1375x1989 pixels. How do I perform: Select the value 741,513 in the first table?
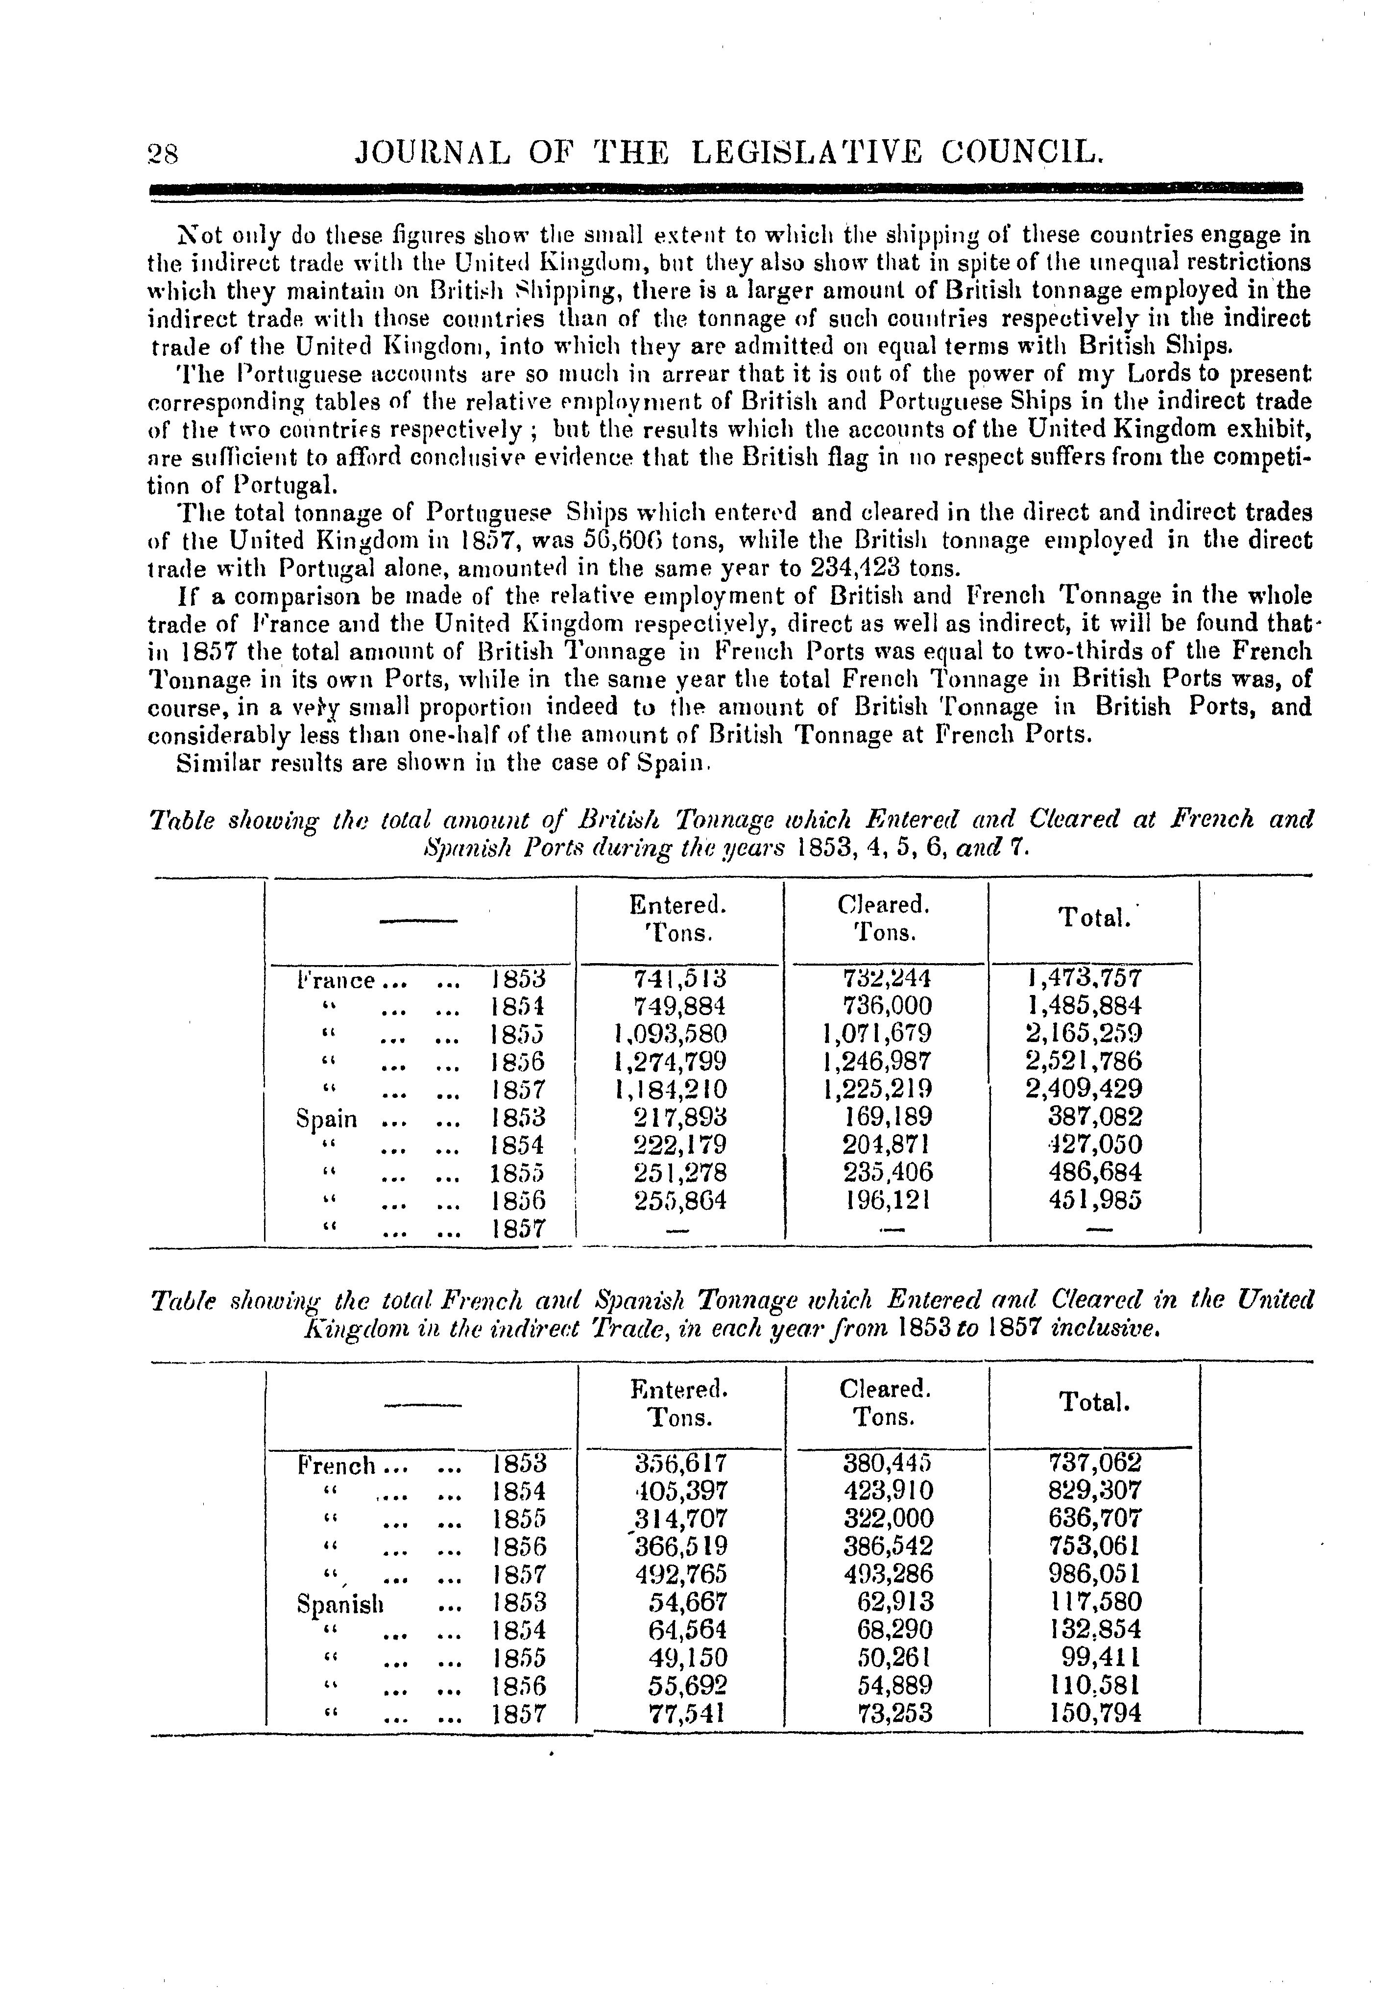click(x=680, y=979)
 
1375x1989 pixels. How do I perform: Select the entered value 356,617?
click(x=680, y=1463)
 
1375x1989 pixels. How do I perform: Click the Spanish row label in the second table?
click(x=339, y=1603)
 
